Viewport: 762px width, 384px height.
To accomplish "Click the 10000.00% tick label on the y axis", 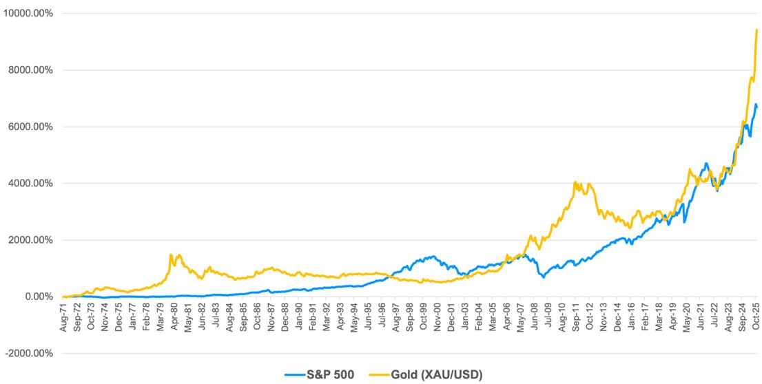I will pos(28,14).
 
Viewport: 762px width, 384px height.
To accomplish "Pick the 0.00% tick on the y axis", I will pos(38,297).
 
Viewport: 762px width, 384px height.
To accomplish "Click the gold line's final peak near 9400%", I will pos(757,30).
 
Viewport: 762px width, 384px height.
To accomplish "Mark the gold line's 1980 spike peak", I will pos(171,255).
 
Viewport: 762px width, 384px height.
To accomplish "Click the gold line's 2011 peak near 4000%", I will pos(575,182).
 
